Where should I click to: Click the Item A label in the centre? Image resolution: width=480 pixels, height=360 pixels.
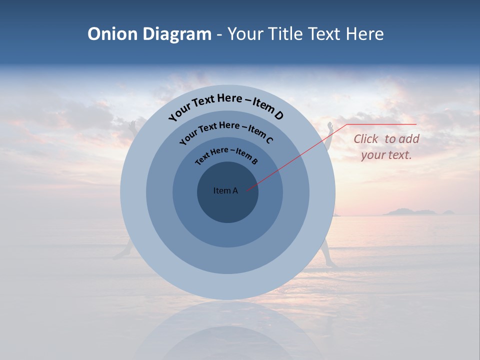pyautogui.click(x=225, y=190)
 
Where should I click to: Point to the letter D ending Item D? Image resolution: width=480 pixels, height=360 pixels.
pyautogui.click(x=278, y=115)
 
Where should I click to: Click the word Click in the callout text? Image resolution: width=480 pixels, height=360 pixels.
pyautogui.click(x=366, y=139)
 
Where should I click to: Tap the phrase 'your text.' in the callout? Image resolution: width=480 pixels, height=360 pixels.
pyautogui.click(x=386, y=155)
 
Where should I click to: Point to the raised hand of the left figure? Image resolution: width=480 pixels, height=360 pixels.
pyautogui.click(x=131, y=124)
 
